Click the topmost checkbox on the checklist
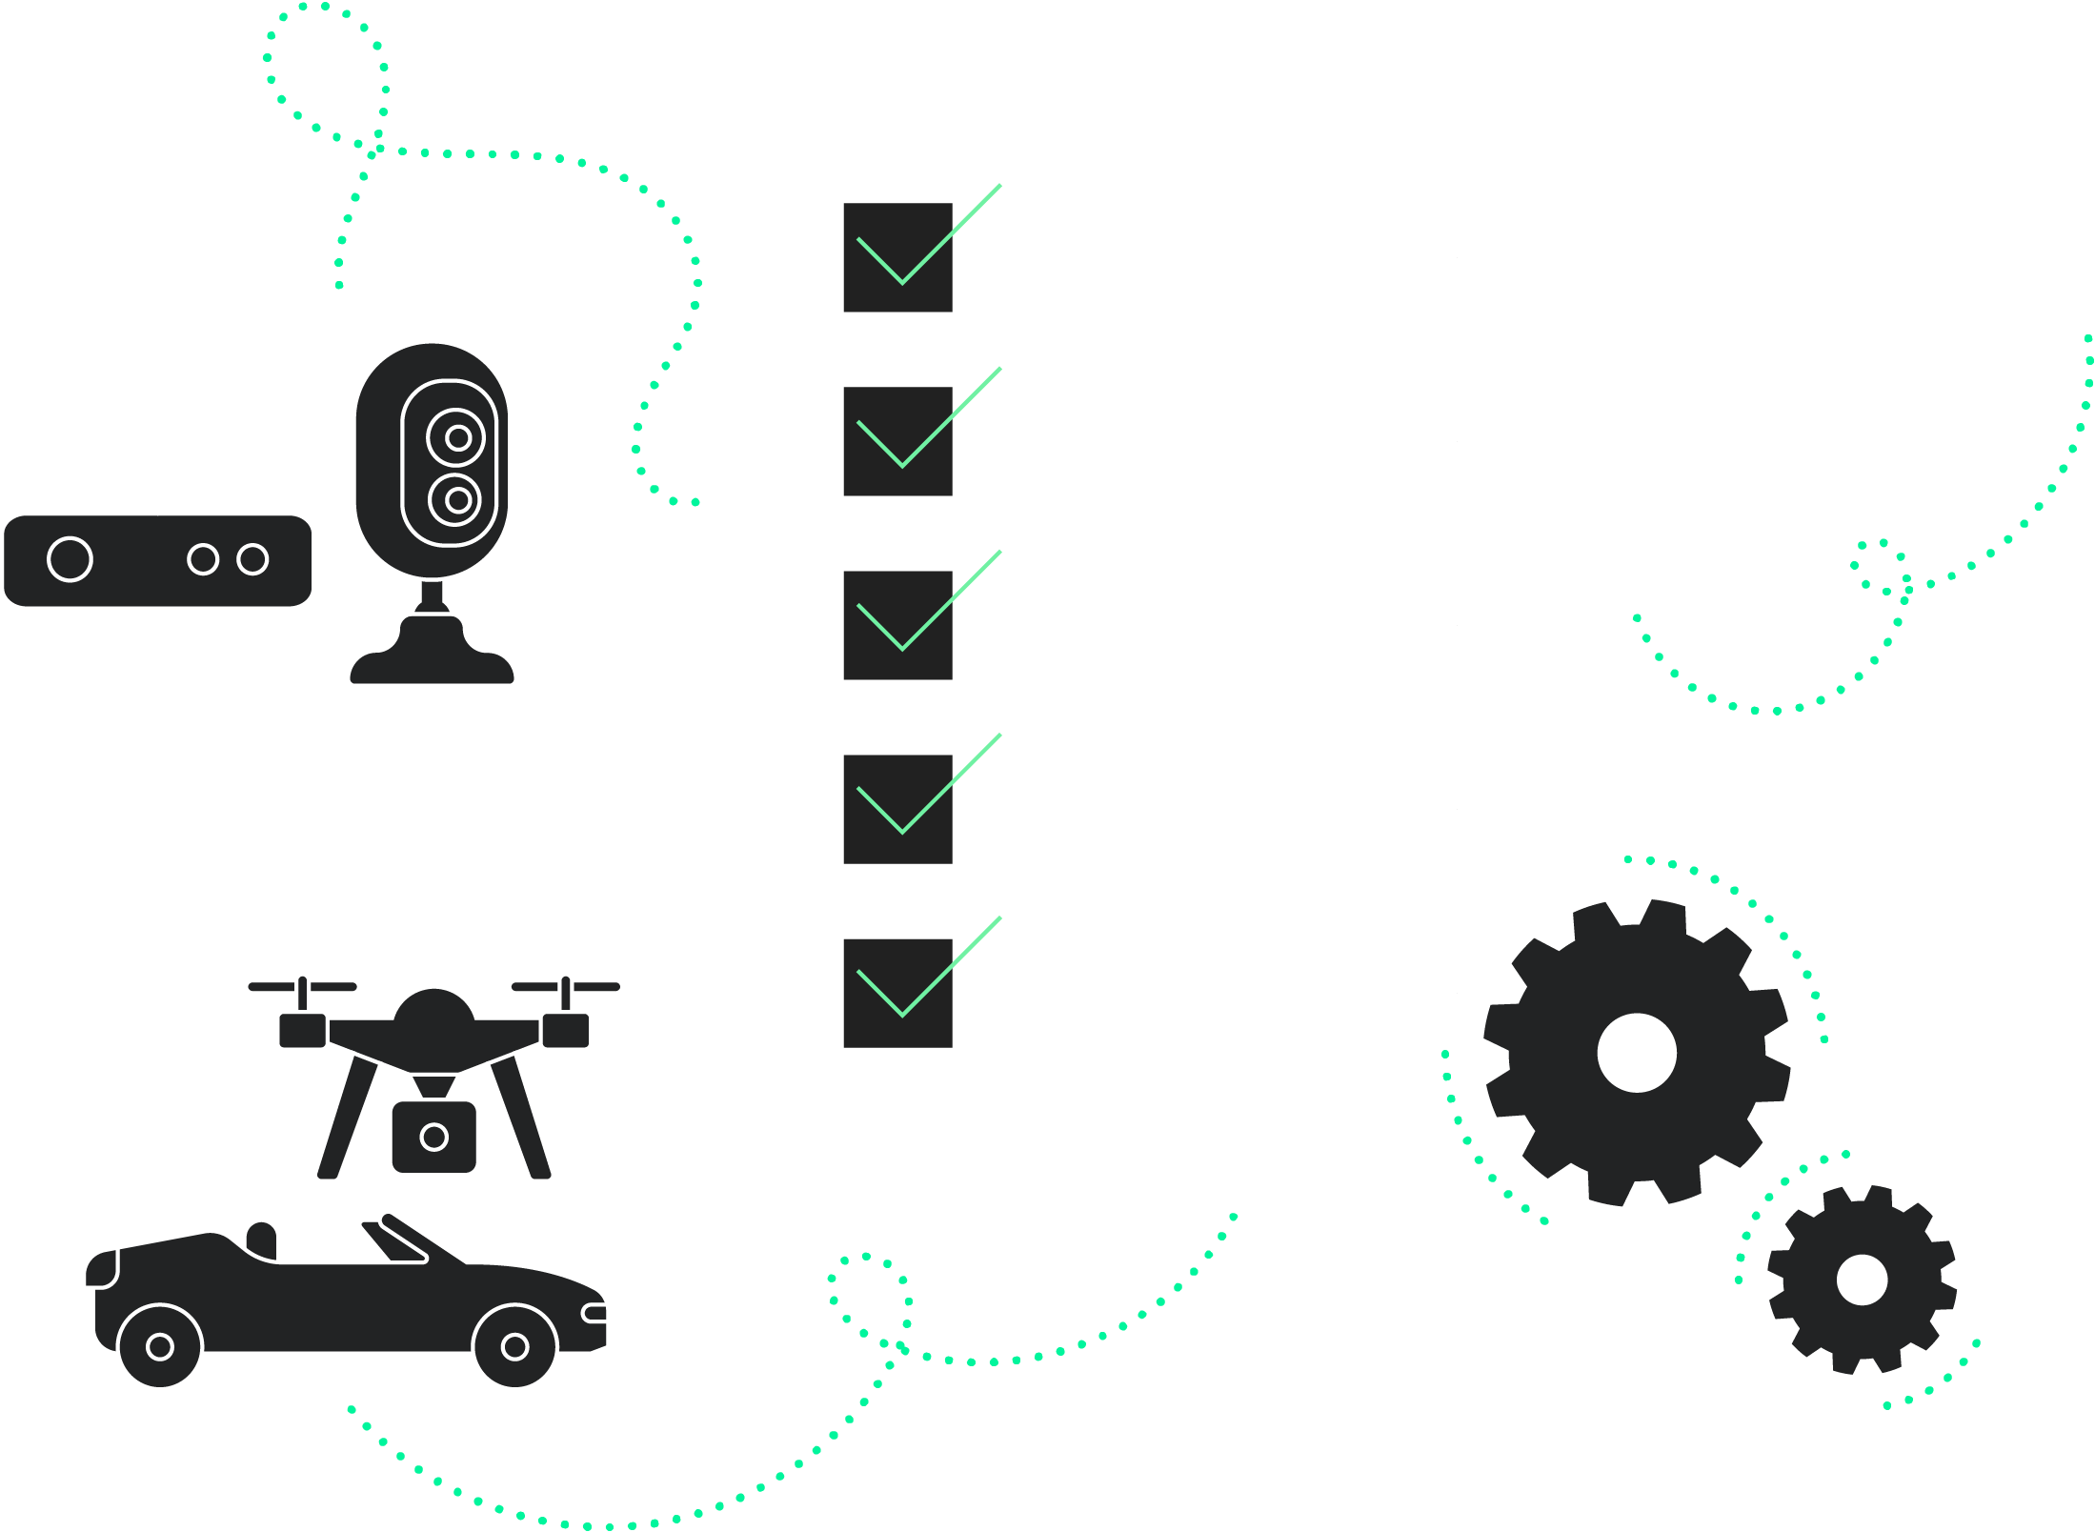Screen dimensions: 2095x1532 (896, 257)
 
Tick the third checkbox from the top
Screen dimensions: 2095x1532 (896, 625)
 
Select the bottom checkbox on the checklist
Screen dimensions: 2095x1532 (896, 993)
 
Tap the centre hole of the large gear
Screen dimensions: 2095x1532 (1636, 1053)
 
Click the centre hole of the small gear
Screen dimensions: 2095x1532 (1862, 1280)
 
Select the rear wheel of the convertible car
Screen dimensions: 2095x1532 (160, 1346)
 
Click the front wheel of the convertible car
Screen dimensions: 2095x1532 (514, 1346)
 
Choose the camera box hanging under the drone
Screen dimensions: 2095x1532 (433, 1137)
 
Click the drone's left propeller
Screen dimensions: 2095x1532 (302, 986)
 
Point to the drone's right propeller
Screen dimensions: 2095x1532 (566, 986)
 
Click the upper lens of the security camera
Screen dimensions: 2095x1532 (457, 437)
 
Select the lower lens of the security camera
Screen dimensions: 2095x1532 (457, 499)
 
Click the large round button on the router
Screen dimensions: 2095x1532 (70, 559)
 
